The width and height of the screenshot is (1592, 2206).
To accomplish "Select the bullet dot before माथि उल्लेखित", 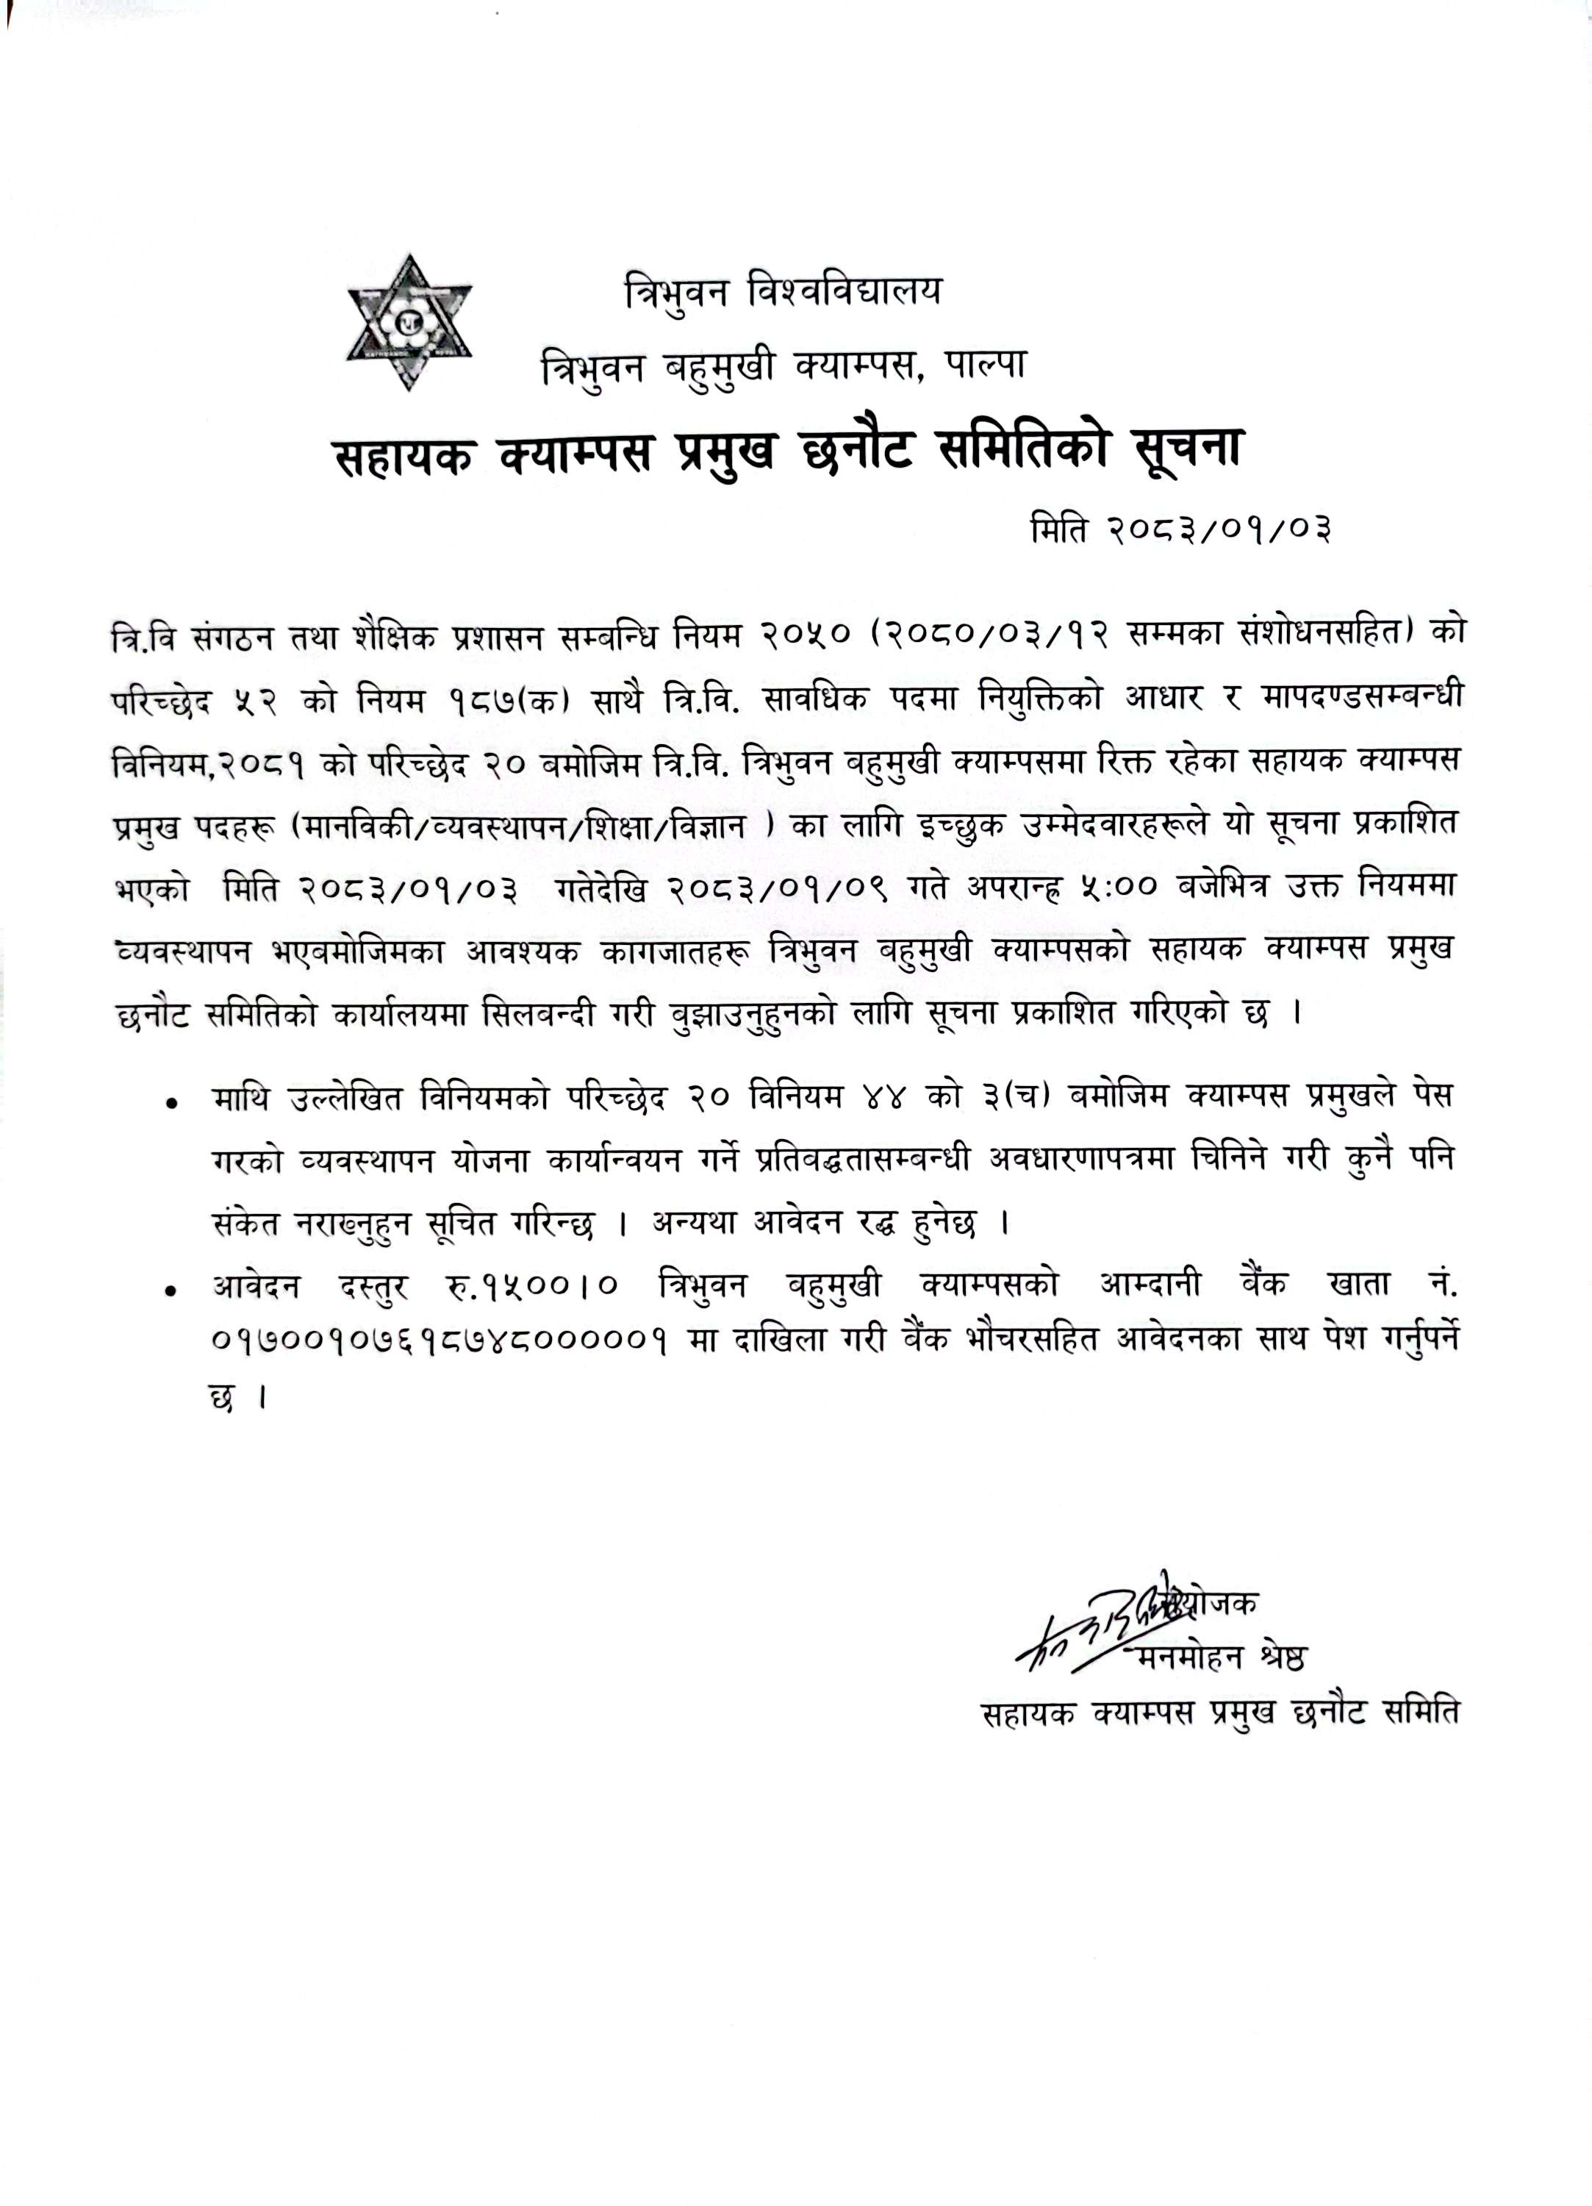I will click(172, 1103).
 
